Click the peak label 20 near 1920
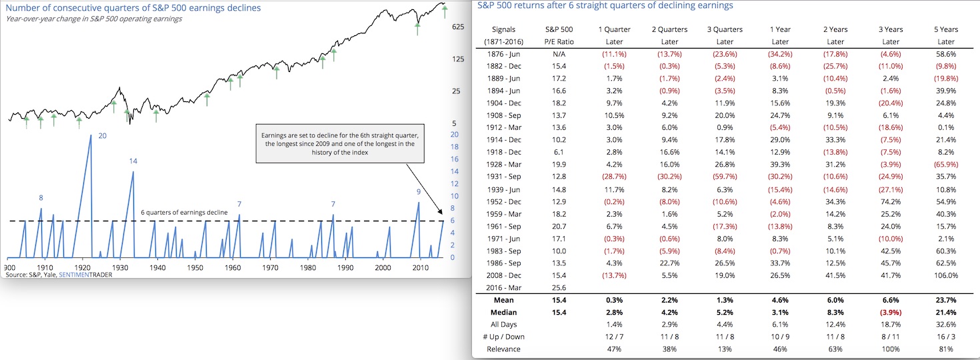[102, 136]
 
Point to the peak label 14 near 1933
[133, 161]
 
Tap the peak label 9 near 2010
[418, 192]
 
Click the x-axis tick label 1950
[195, 268]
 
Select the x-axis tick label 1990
[345, 268]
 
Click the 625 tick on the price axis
[458, 27]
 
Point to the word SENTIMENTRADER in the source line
[85, 275]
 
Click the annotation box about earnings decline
[339, 143]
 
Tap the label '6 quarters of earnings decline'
[185, 212]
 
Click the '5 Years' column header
[945, 29]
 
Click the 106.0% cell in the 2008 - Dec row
[945, 275]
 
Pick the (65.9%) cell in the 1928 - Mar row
[945, 165]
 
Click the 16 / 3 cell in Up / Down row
[945, 337]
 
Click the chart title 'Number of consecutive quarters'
[133, 8]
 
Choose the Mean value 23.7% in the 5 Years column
[945, 300]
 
